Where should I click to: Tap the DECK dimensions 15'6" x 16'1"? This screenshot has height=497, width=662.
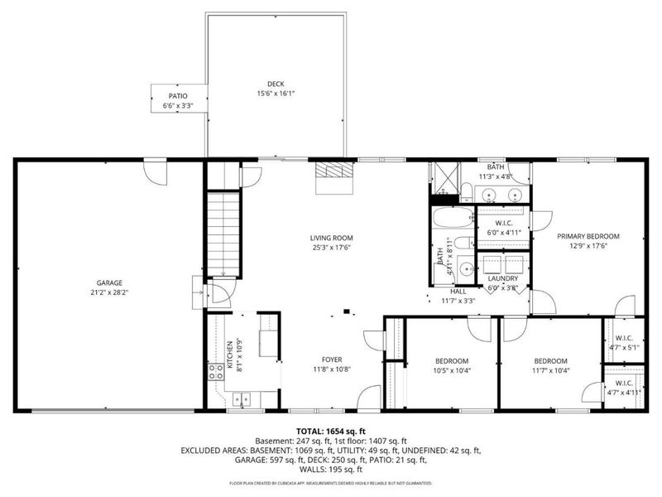click(x=275, y=94)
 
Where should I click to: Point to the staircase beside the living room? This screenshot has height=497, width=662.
click(x=223, y=232)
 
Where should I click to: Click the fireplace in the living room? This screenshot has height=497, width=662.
click(x=334, y=175)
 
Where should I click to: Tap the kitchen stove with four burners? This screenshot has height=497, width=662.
click(x=217, y=372)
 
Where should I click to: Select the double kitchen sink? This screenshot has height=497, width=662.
click(x=242, y=399)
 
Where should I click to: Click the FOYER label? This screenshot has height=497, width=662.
click(x=332, y=359)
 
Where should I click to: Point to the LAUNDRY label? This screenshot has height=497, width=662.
click(x=502, y=278)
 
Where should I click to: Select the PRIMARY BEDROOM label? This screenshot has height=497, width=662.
click(x=588, y=236)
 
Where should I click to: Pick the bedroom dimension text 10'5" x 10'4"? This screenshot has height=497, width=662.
click(x=452, y=371)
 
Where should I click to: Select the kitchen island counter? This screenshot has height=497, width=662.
click(x=268, y=334)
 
